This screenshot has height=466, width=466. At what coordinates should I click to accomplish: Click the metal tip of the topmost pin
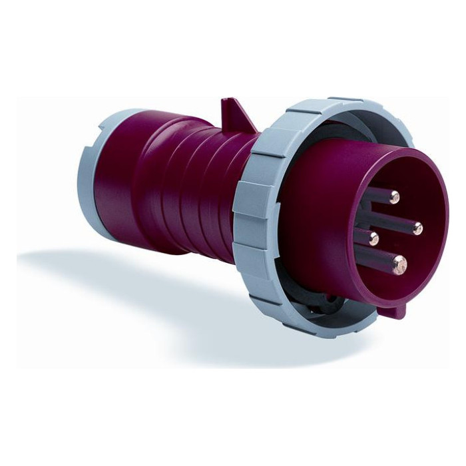pyautogui.click(x=394, y=196)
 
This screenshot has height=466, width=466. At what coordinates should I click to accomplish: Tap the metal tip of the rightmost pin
pyautogui.click(x=417, y=229)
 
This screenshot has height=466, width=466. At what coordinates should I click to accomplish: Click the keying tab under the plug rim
pyautogui.click(x=397, y=310)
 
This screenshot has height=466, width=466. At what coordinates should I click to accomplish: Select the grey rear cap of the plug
pyautogui.click(x=92, y=180)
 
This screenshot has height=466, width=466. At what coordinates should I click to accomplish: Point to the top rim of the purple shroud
pyautogui.click(x=373, y=150)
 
